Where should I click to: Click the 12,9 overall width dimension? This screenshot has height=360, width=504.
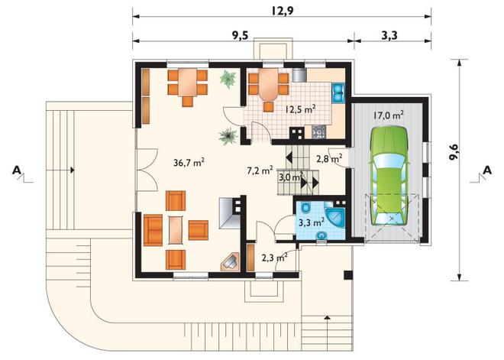click(283, 11)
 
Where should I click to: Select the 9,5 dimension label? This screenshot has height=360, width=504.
click(241, 35)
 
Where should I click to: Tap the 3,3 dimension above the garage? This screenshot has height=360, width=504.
click(389, 35)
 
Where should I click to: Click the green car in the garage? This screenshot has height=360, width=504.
click(389, 177)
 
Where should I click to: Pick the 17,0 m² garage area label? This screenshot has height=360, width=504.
click(389, 115)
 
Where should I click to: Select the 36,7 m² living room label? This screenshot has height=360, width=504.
click(189, 163)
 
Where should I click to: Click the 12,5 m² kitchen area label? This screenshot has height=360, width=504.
click(299, 109)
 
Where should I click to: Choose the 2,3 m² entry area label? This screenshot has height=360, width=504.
click(274, 258)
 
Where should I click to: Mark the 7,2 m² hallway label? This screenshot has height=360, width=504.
click(260, 170)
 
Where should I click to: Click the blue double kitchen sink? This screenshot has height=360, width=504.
click(338, 92)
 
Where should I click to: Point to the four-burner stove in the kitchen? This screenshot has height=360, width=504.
click(318, 131)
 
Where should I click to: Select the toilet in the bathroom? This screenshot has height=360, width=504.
click(305, 207)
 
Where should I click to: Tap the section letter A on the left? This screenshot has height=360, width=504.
click(17, 170)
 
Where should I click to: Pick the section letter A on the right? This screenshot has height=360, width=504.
click(487, 170)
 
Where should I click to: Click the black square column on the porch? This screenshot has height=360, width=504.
click(348, 275)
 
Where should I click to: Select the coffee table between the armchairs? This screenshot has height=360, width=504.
click(176, 230)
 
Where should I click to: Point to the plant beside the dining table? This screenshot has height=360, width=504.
click(228, 79)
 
